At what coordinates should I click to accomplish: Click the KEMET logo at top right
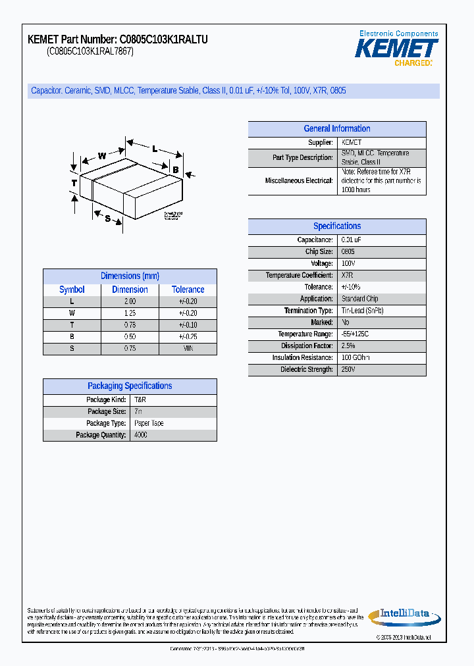tap(396, 48)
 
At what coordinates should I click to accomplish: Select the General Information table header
tap(337, 129)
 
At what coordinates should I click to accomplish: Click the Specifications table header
tap(337, 226)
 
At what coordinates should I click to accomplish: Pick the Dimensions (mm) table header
tap(130, 276)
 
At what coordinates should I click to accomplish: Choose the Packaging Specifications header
tap(130, 386)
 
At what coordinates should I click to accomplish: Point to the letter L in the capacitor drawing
tap(155, 149)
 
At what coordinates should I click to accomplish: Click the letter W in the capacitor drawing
tap(102, 156)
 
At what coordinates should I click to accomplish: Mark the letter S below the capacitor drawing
tap(107, 219)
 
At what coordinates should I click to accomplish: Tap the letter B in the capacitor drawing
tap(176, 170)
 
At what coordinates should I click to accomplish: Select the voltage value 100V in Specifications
tap(348, 264)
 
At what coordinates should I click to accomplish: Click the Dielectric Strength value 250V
tap(348, 370)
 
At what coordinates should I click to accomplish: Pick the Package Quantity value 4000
tap(141, 436)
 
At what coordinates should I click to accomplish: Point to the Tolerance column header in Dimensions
tap(188, 290)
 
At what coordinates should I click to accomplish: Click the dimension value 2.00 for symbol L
tap(130, 301)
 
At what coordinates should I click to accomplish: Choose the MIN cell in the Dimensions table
tap(188, 349)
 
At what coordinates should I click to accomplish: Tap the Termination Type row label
tap(309, 311)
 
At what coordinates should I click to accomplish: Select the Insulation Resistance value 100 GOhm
tap(355, 358)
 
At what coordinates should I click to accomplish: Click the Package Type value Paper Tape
tap(149, 424)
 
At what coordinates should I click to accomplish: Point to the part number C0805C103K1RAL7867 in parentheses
tap(90, 52)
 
